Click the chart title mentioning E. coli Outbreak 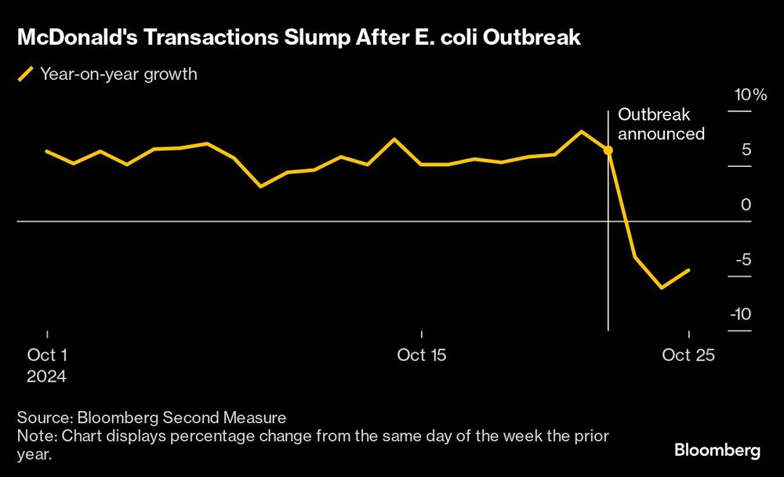(299, 38)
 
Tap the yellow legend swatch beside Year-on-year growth (26, 75)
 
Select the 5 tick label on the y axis (746, 150)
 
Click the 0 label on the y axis (746, 204)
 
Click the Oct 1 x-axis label (47, 355)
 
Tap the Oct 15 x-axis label (422, 355)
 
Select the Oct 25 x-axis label (688, 355)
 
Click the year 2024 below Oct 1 (47, 376)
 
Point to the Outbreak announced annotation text (661, 125)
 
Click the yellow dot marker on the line (608, 149)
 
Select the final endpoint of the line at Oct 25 (688, 270)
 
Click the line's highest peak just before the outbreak (581, 132)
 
